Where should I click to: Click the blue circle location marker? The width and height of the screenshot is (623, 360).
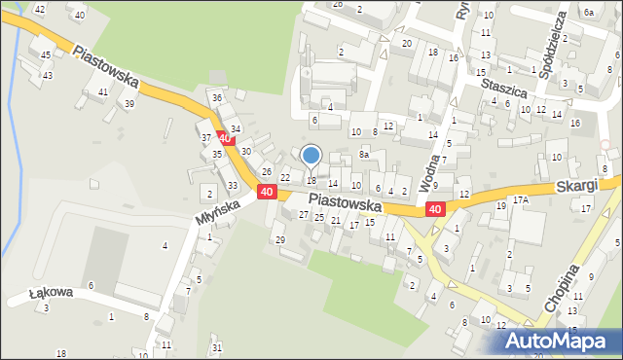[x=311, y=155]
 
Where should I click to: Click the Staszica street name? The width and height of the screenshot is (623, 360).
[x=504, y=89]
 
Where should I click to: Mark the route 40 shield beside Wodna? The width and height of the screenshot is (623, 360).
[x=435, y=209]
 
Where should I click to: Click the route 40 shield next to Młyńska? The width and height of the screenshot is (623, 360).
[x=267, y=194]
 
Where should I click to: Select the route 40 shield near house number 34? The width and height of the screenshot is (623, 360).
[x=225, y=140]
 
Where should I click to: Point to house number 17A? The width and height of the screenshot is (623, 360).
[x=521, y=199]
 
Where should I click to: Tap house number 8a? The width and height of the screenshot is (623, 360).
[x=364, y=154]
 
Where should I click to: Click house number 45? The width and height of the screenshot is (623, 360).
[x=46, y=55]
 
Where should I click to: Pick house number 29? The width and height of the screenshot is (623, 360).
[x=279, y=239]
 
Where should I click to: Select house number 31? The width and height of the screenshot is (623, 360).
[x=217, y=347]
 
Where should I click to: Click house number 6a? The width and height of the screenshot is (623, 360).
[x=589, y=12]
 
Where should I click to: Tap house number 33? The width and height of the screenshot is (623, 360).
[x=233, y=185]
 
